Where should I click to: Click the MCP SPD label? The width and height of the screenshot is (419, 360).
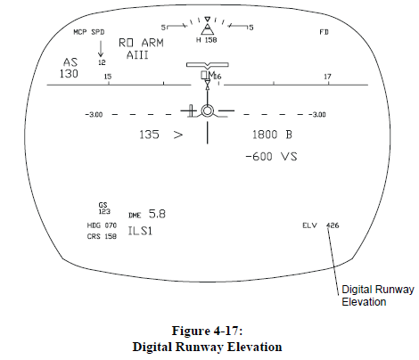pos(89,32)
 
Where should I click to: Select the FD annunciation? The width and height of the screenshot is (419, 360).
pos(324,32)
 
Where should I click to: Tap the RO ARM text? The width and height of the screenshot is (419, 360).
pos(141,43)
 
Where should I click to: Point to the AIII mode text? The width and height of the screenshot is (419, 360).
pos(137,55)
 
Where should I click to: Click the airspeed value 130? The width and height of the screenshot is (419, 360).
pos(69,74)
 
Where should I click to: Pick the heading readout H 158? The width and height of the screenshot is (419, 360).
pos(207,40)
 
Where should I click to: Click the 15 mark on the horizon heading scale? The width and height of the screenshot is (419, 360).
pos(108,77)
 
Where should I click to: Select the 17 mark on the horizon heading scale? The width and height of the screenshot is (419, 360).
pos(327,77)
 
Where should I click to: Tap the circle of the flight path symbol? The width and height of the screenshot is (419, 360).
pos(207,105)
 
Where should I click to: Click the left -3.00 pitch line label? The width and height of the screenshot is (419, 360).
pos(94,115)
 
